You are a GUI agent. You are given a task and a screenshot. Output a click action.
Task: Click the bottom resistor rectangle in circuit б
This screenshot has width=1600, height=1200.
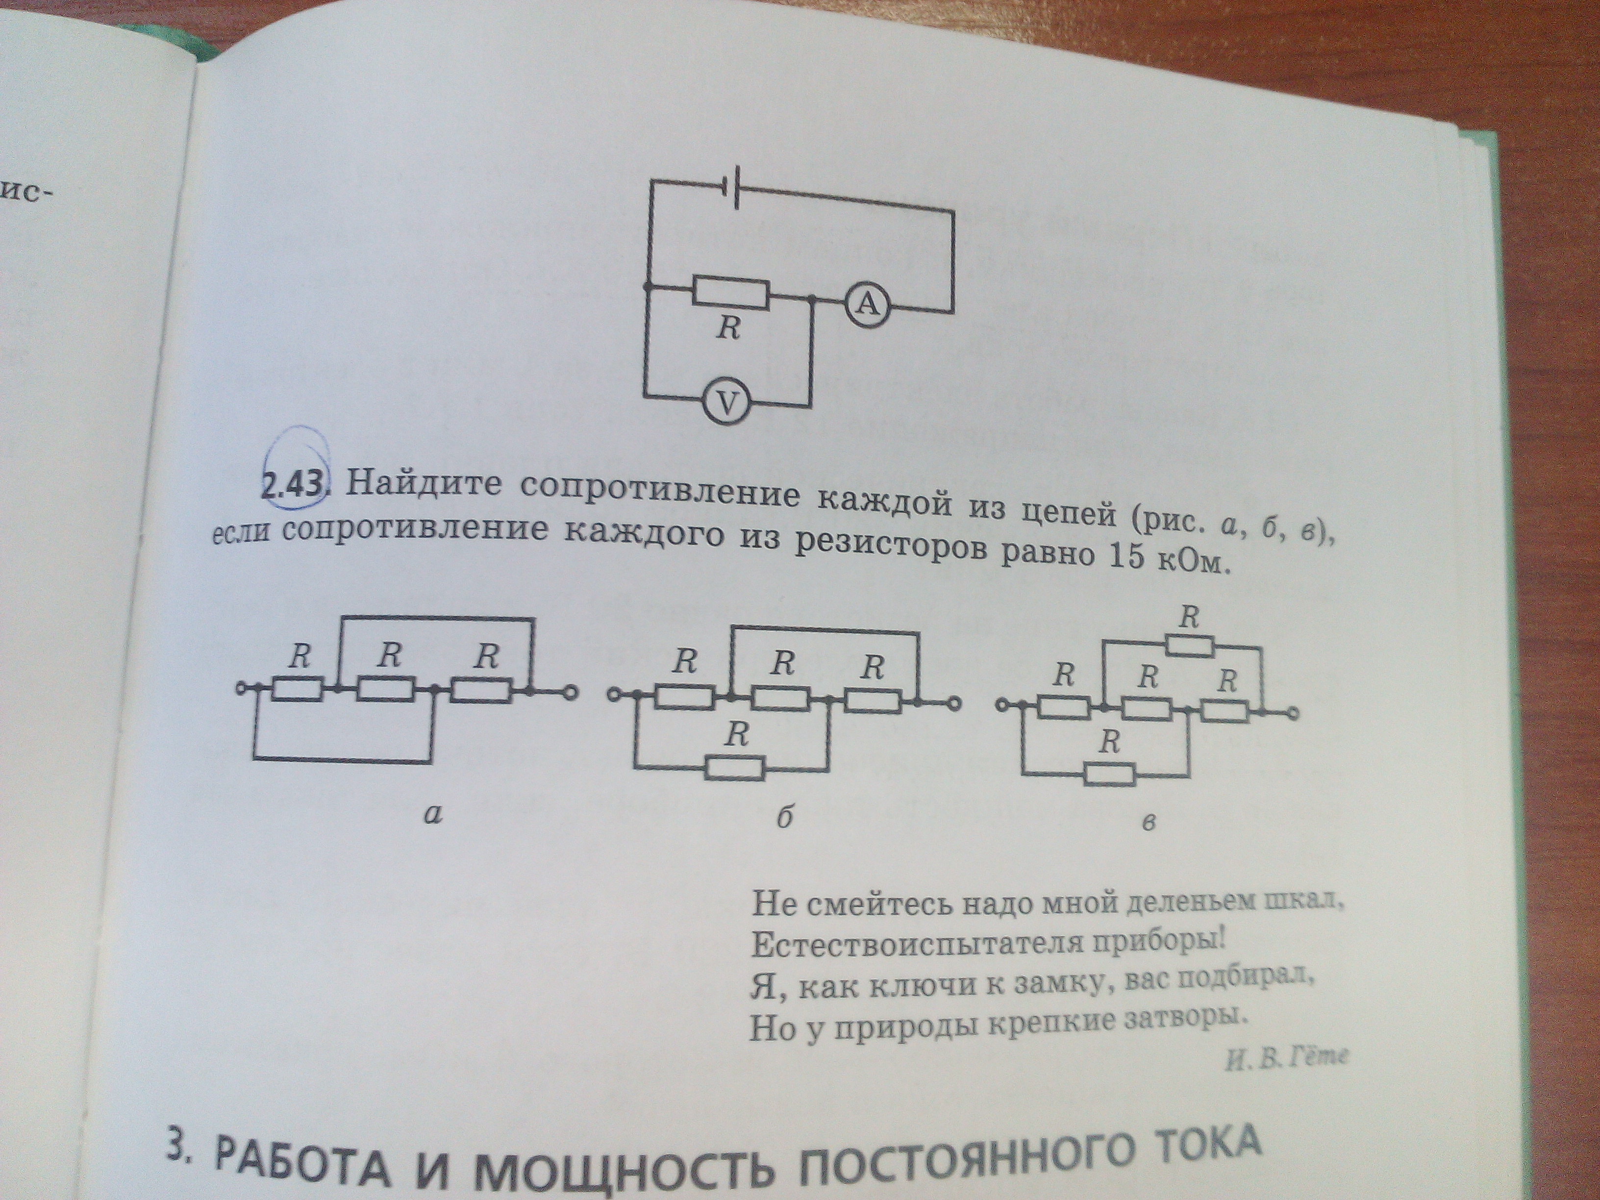(x=735, y=768)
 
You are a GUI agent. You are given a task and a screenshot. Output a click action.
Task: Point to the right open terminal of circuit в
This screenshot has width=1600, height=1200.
(x=1293, y=715)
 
